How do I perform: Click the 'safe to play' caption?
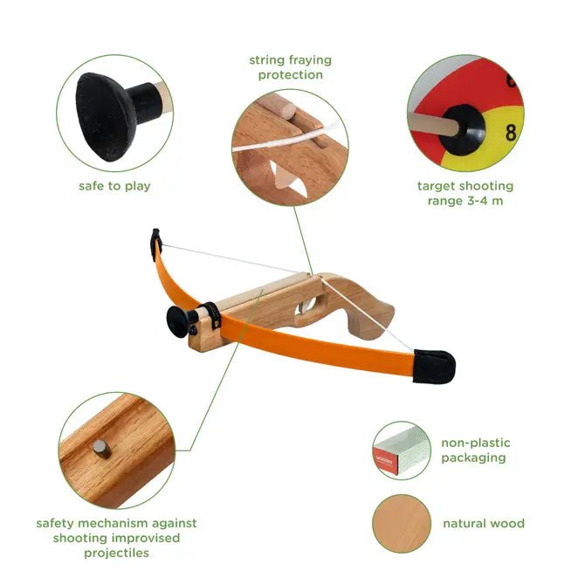114,186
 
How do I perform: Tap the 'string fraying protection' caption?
290,67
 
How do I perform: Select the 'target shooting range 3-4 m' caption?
465,193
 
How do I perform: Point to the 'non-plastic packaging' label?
476,451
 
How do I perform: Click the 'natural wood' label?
484,523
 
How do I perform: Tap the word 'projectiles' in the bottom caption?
116,553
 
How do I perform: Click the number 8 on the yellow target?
511,133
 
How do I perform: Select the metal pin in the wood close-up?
101,449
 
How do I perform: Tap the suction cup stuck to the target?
463,130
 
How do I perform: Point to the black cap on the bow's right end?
434,367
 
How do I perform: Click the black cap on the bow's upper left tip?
156,244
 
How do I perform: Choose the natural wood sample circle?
402,523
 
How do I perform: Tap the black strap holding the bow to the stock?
213,315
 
